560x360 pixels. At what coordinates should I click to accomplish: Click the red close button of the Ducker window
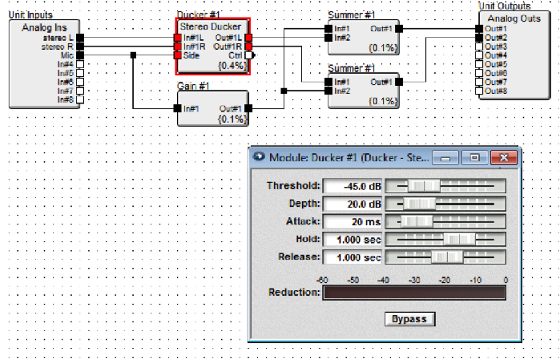[502, 157]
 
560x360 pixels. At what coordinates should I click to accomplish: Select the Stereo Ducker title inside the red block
[211, 26]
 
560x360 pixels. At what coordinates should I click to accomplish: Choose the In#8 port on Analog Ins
[80, 99]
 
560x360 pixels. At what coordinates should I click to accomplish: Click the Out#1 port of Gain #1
[249, 108]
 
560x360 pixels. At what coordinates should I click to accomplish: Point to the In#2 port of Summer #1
[328, 38]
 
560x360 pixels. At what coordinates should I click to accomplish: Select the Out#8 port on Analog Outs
[480, 91]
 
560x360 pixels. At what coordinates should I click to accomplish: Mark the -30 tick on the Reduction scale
[413, 280]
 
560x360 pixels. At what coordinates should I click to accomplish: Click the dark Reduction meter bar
[413, 293]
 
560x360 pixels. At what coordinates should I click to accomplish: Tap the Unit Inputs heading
[30, 15]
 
